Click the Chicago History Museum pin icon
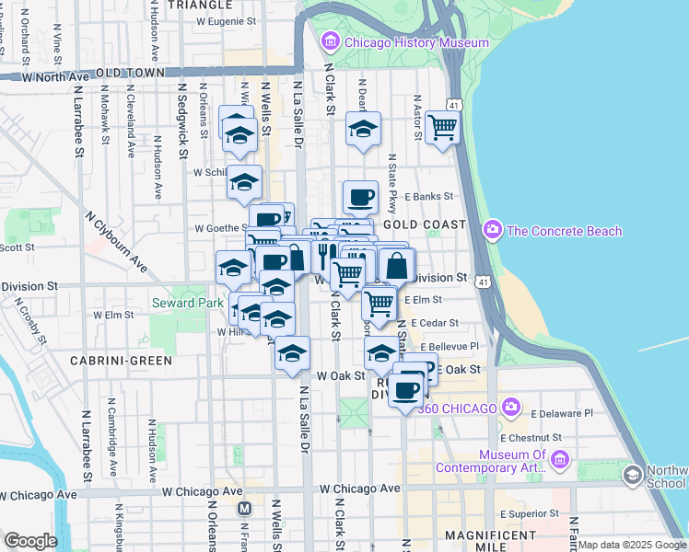(x=331, y=41)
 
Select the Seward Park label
(x=186, y=303)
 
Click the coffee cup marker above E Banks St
(x=360, y=196)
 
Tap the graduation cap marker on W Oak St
(x=292, y=353)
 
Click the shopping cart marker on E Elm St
(x=378, y=303)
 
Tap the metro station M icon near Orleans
(x=244, y=508)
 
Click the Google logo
(x=31, y=541)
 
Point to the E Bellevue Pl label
(x=446, y=346)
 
